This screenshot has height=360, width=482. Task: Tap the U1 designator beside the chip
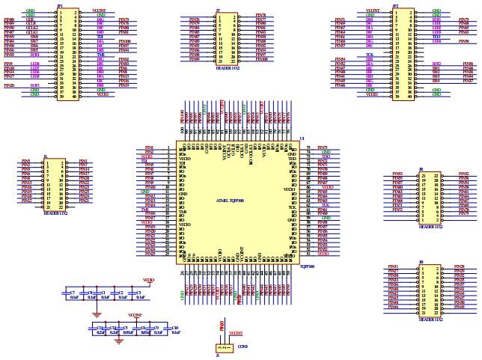coord(302,138)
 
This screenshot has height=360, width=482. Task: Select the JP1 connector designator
coord(60,5)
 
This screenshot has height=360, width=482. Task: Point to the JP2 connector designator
coord(395,5)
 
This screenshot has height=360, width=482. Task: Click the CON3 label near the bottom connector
coord(242,346)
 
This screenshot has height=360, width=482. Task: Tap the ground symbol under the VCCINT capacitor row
coord(118,341)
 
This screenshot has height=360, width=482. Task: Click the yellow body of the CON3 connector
coord(222,347)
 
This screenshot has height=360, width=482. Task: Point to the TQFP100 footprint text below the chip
coord(307,266)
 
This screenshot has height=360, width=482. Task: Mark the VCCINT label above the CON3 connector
coord(236,332)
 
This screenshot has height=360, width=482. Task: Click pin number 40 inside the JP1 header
coord(75,96)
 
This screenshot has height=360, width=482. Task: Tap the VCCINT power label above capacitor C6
coord(135,315)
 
